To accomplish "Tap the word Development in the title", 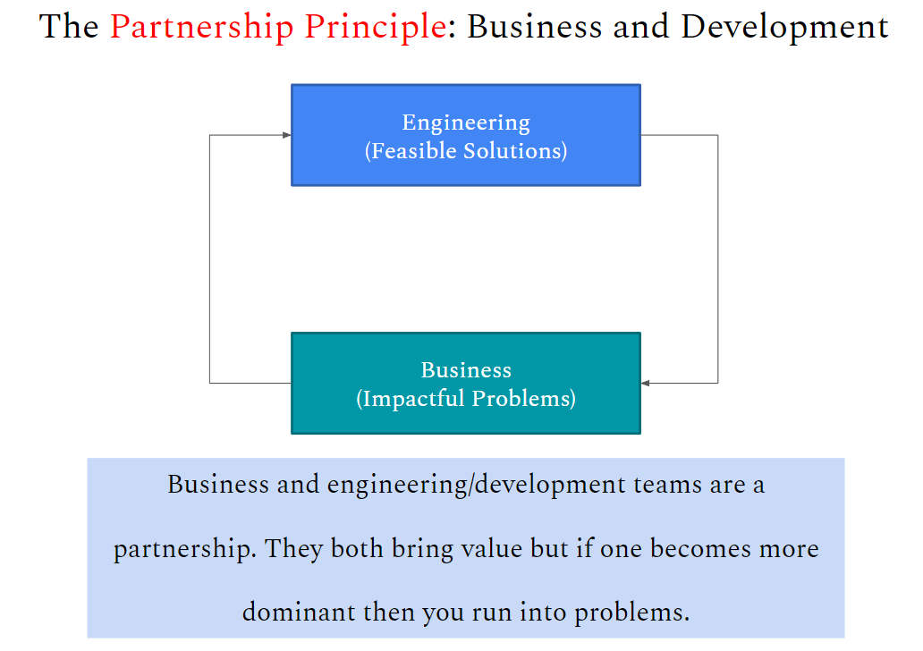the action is pos(784,27).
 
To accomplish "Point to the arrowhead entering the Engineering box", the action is pos(287,135).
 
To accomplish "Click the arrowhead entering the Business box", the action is pos(645,384).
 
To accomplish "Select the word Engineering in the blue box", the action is pos(466,123).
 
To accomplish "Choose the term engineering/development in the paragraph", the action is pos(477,486).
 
